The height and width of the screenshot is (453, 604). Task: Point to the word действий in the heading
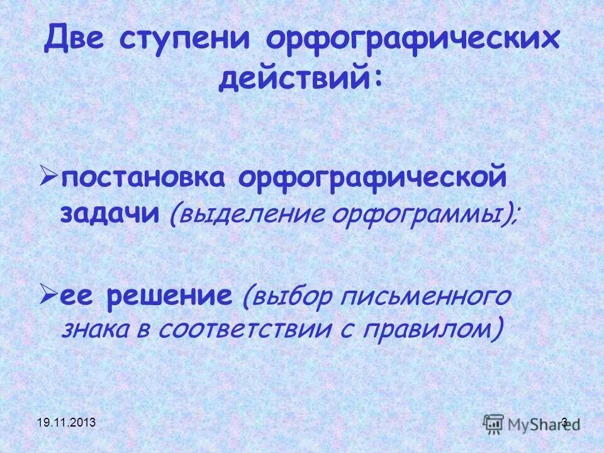(298, 81)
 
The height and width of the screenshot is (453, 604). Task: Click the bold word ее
(79, 296)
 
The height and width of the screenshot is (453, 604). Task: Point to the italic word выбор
(290, 297)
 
